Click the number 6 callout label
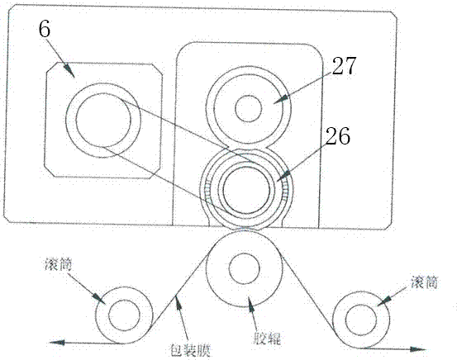click(x=45, y=30)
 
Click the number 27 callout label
click(x=345, y=66)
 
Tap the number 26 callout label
click(x=338, y=136)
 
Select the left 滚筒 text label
click(x=59, y=265)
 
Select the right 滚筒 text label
click(x=425, y=282)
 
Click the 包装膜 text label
click(x=190, y=350)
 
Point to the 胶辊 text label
click(x=267, y=339)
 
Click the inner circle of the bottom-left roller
click(x=124, y=315)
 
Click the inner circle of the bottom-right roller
click(x=361, y=320)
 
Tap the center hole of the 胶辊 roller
click(x=245, y=268)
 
